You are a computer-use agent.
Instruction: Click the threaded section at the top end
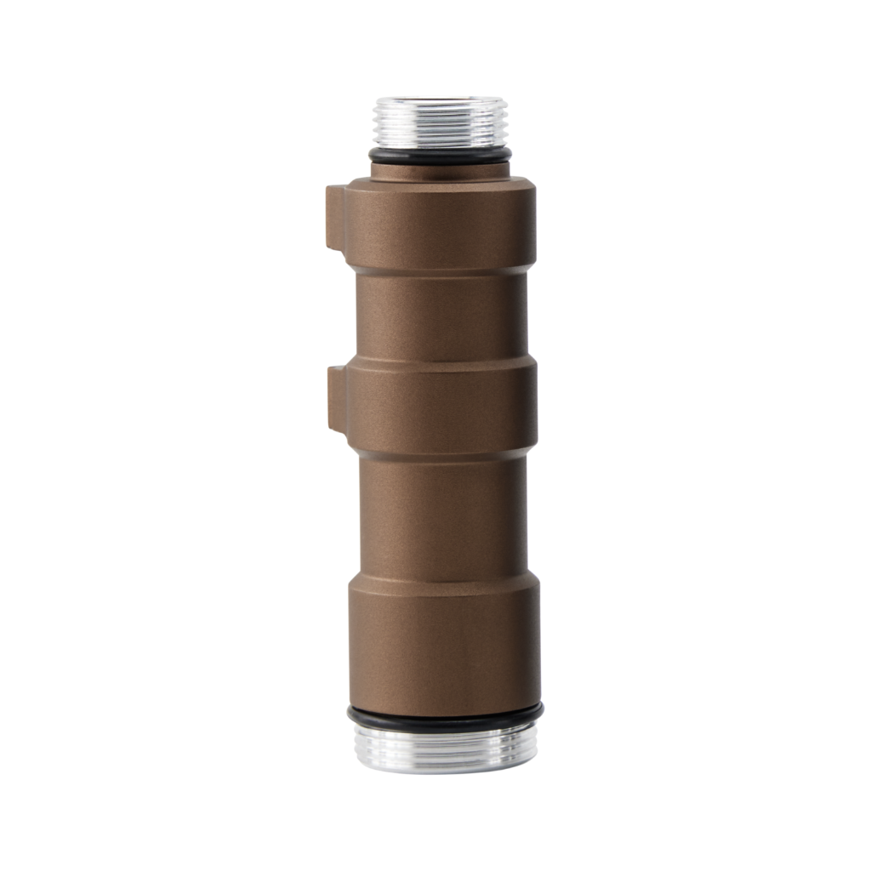point(440,124)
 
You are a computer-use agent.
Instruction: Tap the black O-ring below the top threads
point(440,157)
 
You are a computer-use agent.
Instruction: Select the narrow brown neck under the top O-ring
point(440,170)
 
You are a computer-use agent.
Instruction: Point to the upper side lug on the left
point(335,216)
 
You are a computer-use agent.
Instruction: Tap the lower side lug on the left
point(337,397)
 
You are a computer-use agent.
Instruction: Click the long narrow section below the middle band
point(441,515)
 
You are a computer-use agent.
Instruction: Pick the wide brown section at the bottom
point(444,651)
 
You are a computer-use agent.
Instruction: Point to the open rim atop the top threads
point(440,101)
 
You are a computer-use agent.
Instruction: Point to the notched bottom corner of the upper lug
point(341,248)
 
